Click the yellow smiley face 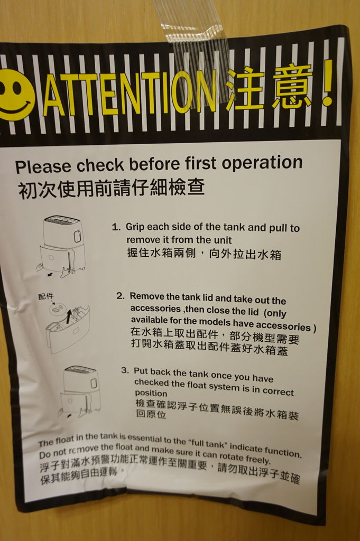click(x=16, y=95)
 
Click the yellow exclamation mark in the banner click(x=328, y=83)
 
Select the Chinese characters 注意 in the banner click(x=270, y=88)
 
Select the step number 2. click(x=120, y=295)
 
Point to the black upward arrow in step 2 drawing click(x=68, y=316)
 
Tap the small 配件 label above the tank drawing click(x=46, y=297)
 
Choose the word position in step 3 click(x=151, y=393)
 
